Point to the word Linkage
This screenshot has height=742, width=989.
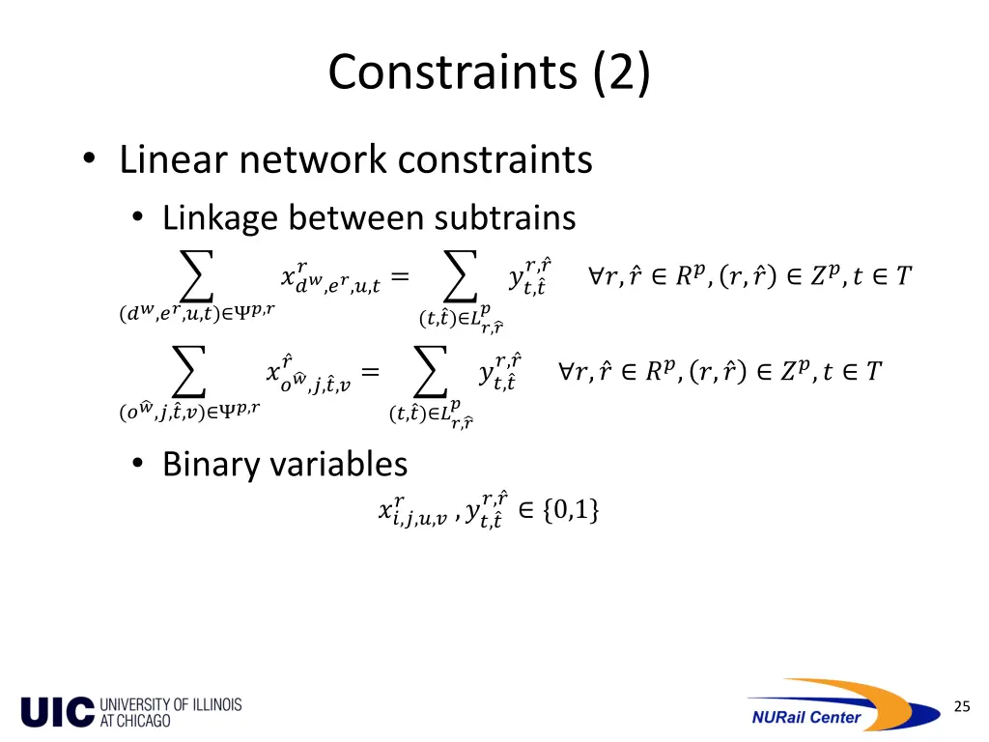(x=220, y=217)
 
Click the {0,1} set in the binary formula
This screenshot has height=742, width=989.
(x=571, y=510)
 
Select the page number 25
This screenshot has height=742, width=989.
(x=961, y=707)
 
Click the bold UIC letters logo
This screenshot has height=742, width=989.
(x=58, y=712)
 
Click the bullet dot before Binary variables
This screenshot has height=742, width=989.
(x=139, y=466)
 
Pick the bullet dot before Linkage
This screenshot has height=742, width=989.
(x=139, y=218)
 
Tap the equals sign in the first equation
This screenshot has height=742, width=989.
(x=400, y=278)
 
